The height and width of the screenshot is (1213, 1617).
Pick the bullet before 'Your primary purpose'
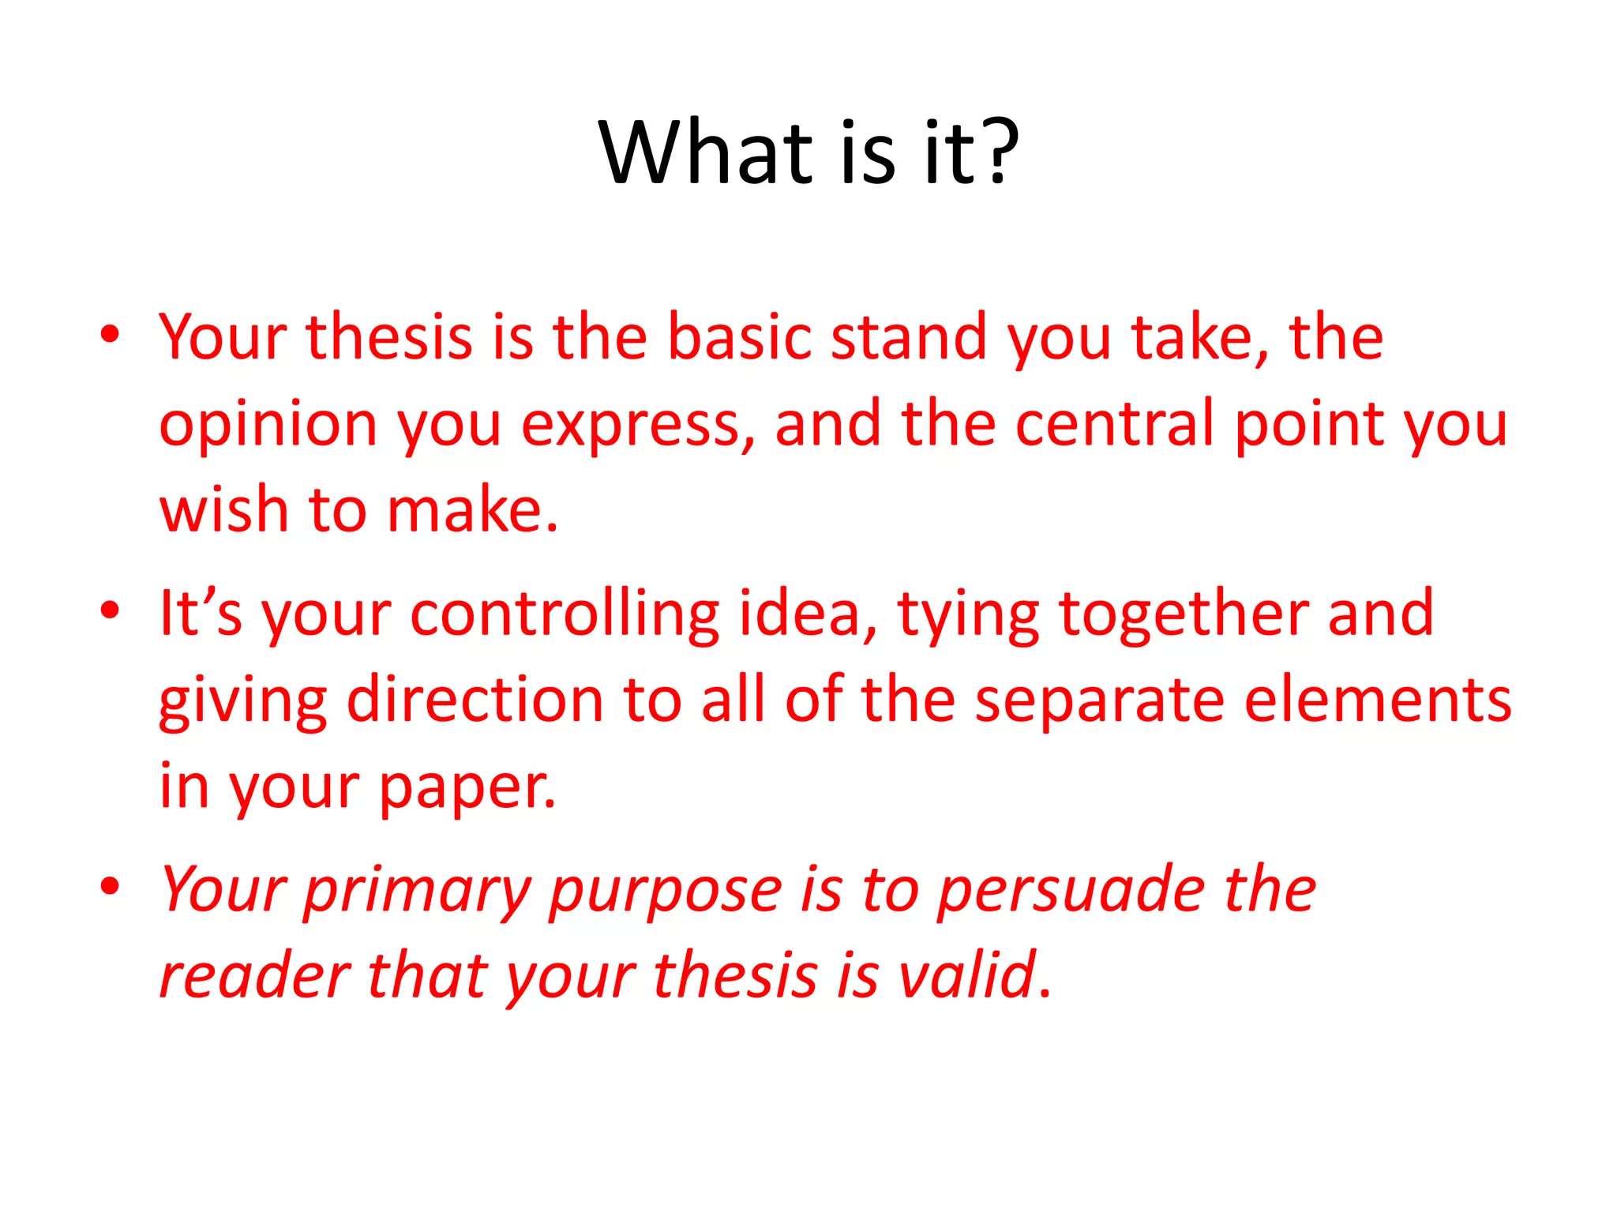coord(110,885)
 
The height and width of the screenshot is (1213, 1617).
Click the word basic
coord(739,337)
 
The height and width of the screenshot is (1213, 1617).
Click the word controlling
coord(565,614)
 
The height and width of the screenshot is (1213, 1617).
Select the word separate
coord(1099,700)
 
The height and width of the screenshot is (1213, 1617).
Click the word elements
coord(1378,700)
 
